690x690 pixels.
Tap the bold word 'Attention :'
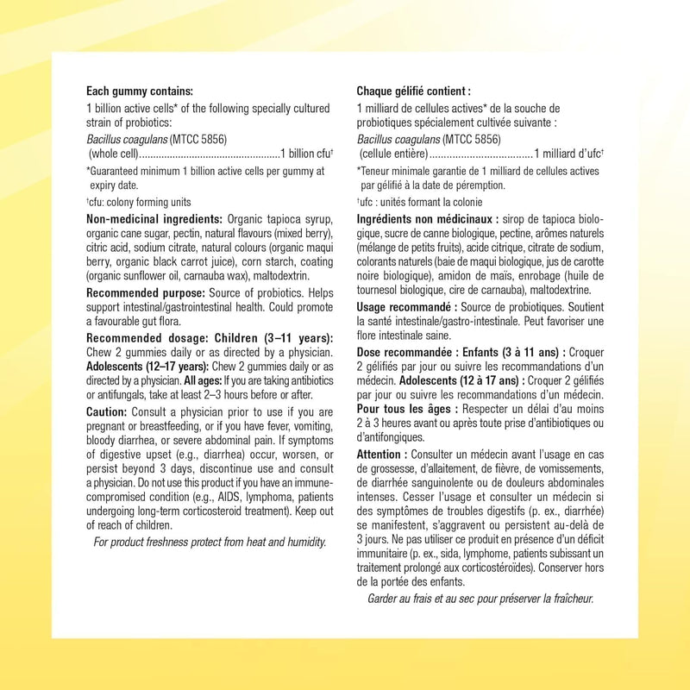point(383,454)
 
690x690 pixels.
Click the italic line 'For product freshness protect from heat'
point(210,542)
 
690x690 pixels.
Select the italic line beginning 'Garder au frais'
point(480,599)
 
